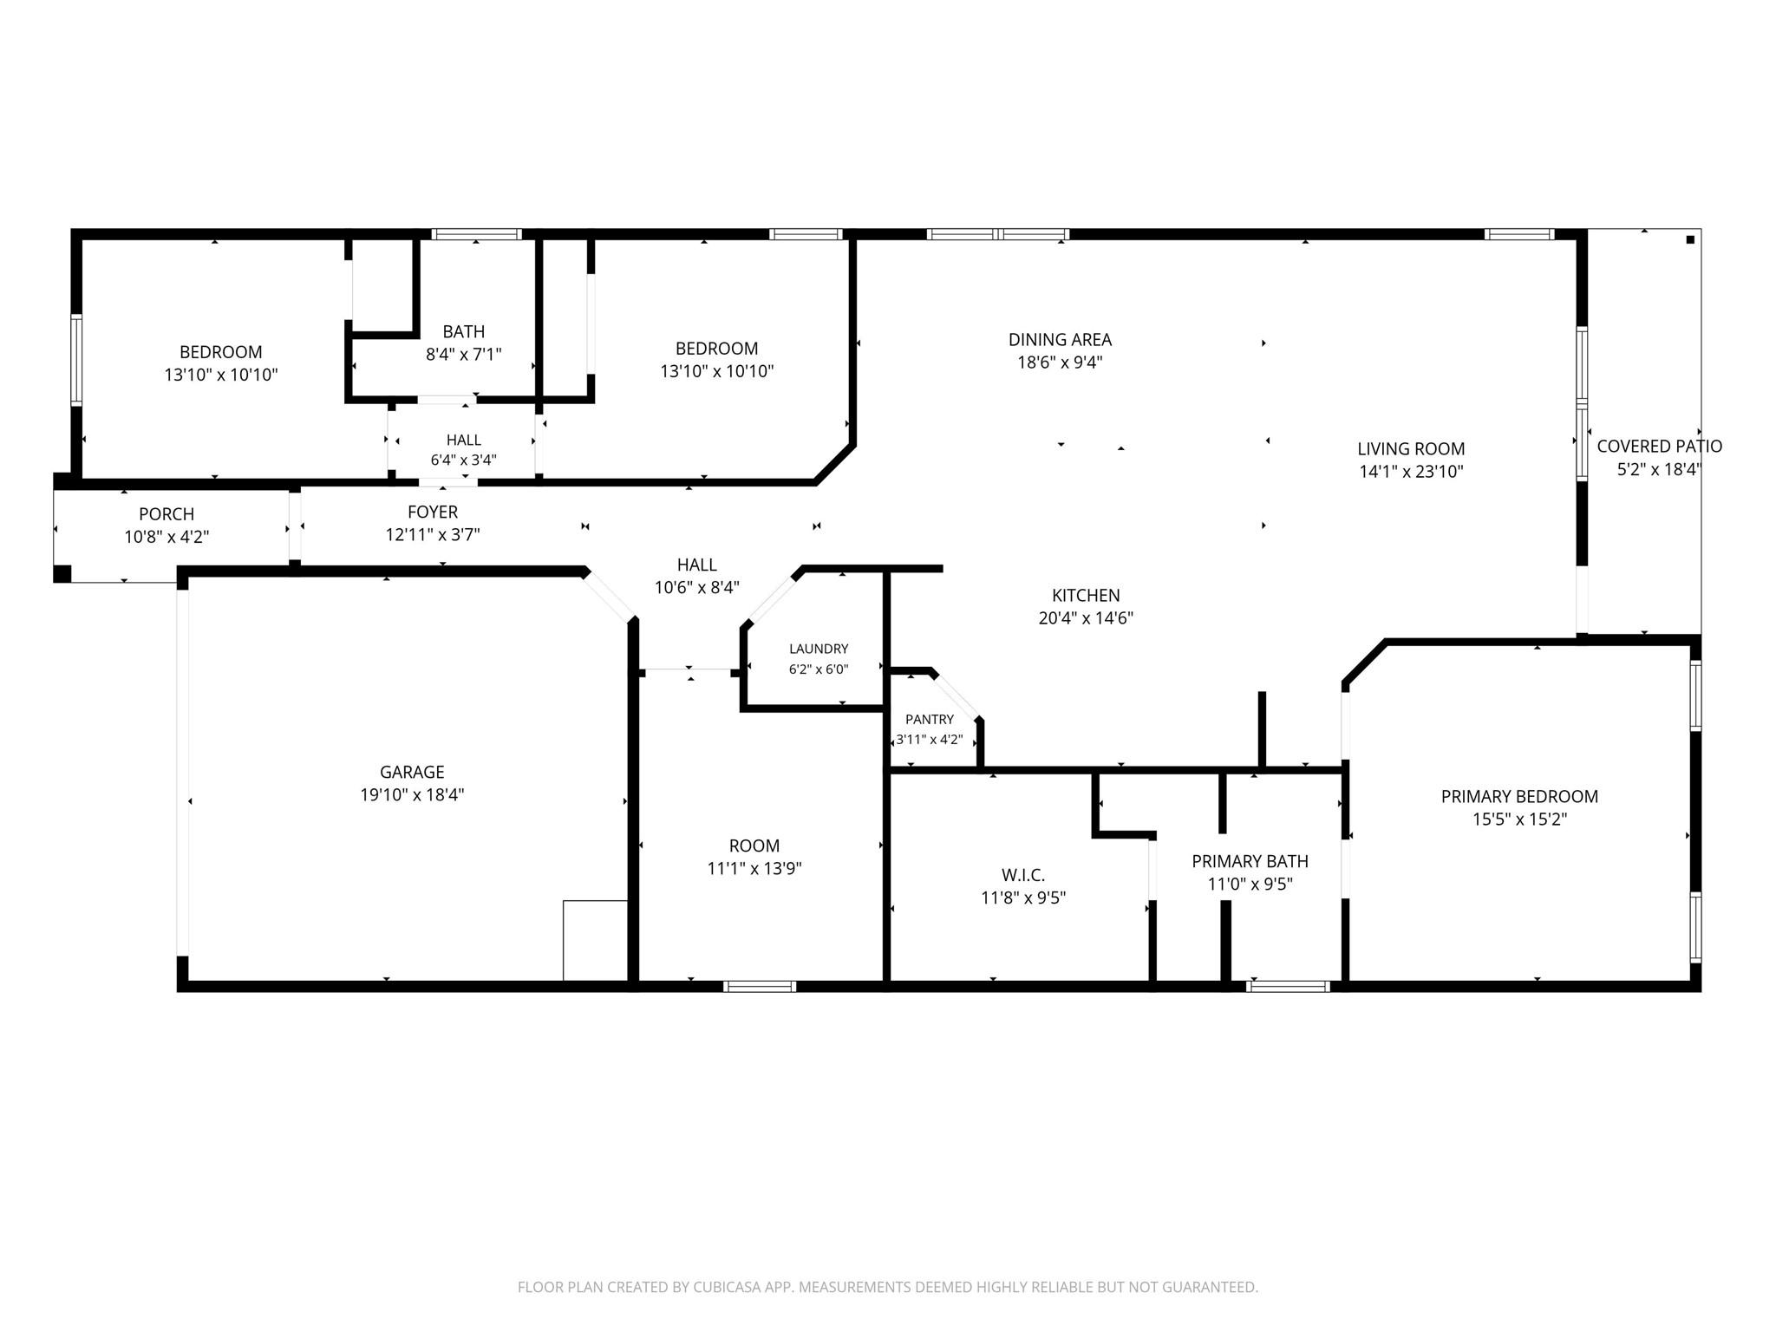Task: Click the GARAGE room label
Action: pyautogui.click(x=412, y=772)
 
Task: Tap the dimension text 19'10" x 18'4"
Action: pyautogui.click(x=412, y=794)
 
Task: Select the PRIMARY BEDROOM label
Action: pyautogui.click(x=1519, y=796)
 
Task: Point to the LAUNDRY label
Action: pyautogui.click(x=819, y=649)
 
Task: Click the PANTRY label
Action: pyautogui.click(x=930, y=719)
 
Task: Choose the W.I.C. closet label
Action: pyautogui.click(x=1023, y=875)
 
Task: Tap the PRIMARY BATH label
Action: pyautogui.click(x=1250, y=861)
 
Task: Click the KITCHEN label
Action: pyautogui.click(x=1086, y=595)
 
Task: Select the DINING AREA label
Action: pyautogui.click(x=1060, y=339)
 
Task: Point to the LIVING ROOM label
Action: pyautogui.click(x=1411, y=448)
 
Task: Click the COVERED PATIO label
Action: pyautogui.click(x=1659, y=446)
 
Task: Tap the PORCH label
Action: pyautogui.click(x=166, y=514)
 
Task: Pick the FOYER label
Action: pyautogui.click(x=433, y=513)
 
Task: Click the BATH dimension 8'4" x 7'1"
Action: pyautogui.click(x=464, y=354)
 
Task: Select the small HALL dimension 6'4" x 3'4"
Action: pyautogui.click(x=464, y=460)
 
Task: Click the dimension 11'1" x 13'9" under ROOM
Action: pyautogui.click(x=754, y=868)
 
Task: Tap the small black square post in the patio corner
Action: pyautogui.click(x=1690, y=239)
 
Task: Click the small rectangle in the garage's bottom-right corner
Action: pyautogui.click(x=595, y=941)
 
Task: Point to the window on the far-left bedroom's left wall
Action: pyautogui.click(x=76, y=360)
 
